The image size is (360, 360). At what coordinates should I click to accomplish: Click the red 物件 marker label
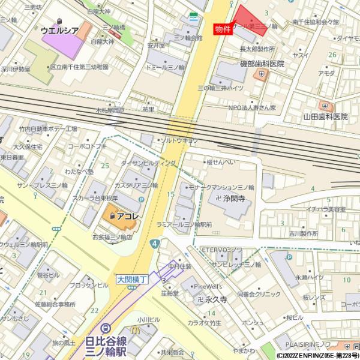(x=222, y=29)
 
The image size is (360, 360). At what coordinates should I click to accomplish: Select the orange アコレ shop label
(x=127, y=215)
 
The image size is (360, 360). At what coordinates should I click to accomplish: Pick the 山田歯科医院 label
(x=325, y=116)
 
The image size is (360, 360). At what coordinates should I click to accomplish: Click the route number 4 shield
(x=155, y=244)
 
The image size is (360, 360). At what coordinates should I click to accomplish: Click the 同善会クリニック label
(x=259, y=295)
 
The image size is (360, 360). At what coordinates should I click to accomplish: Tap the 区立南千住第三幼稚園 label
(x=79, y=67)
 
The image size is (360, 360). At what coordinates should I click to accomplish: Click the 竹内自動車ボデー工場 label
(x=48, y=129)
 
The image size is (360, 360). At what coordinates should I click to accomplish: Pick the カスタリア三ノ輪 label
(x=136, y=185)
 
